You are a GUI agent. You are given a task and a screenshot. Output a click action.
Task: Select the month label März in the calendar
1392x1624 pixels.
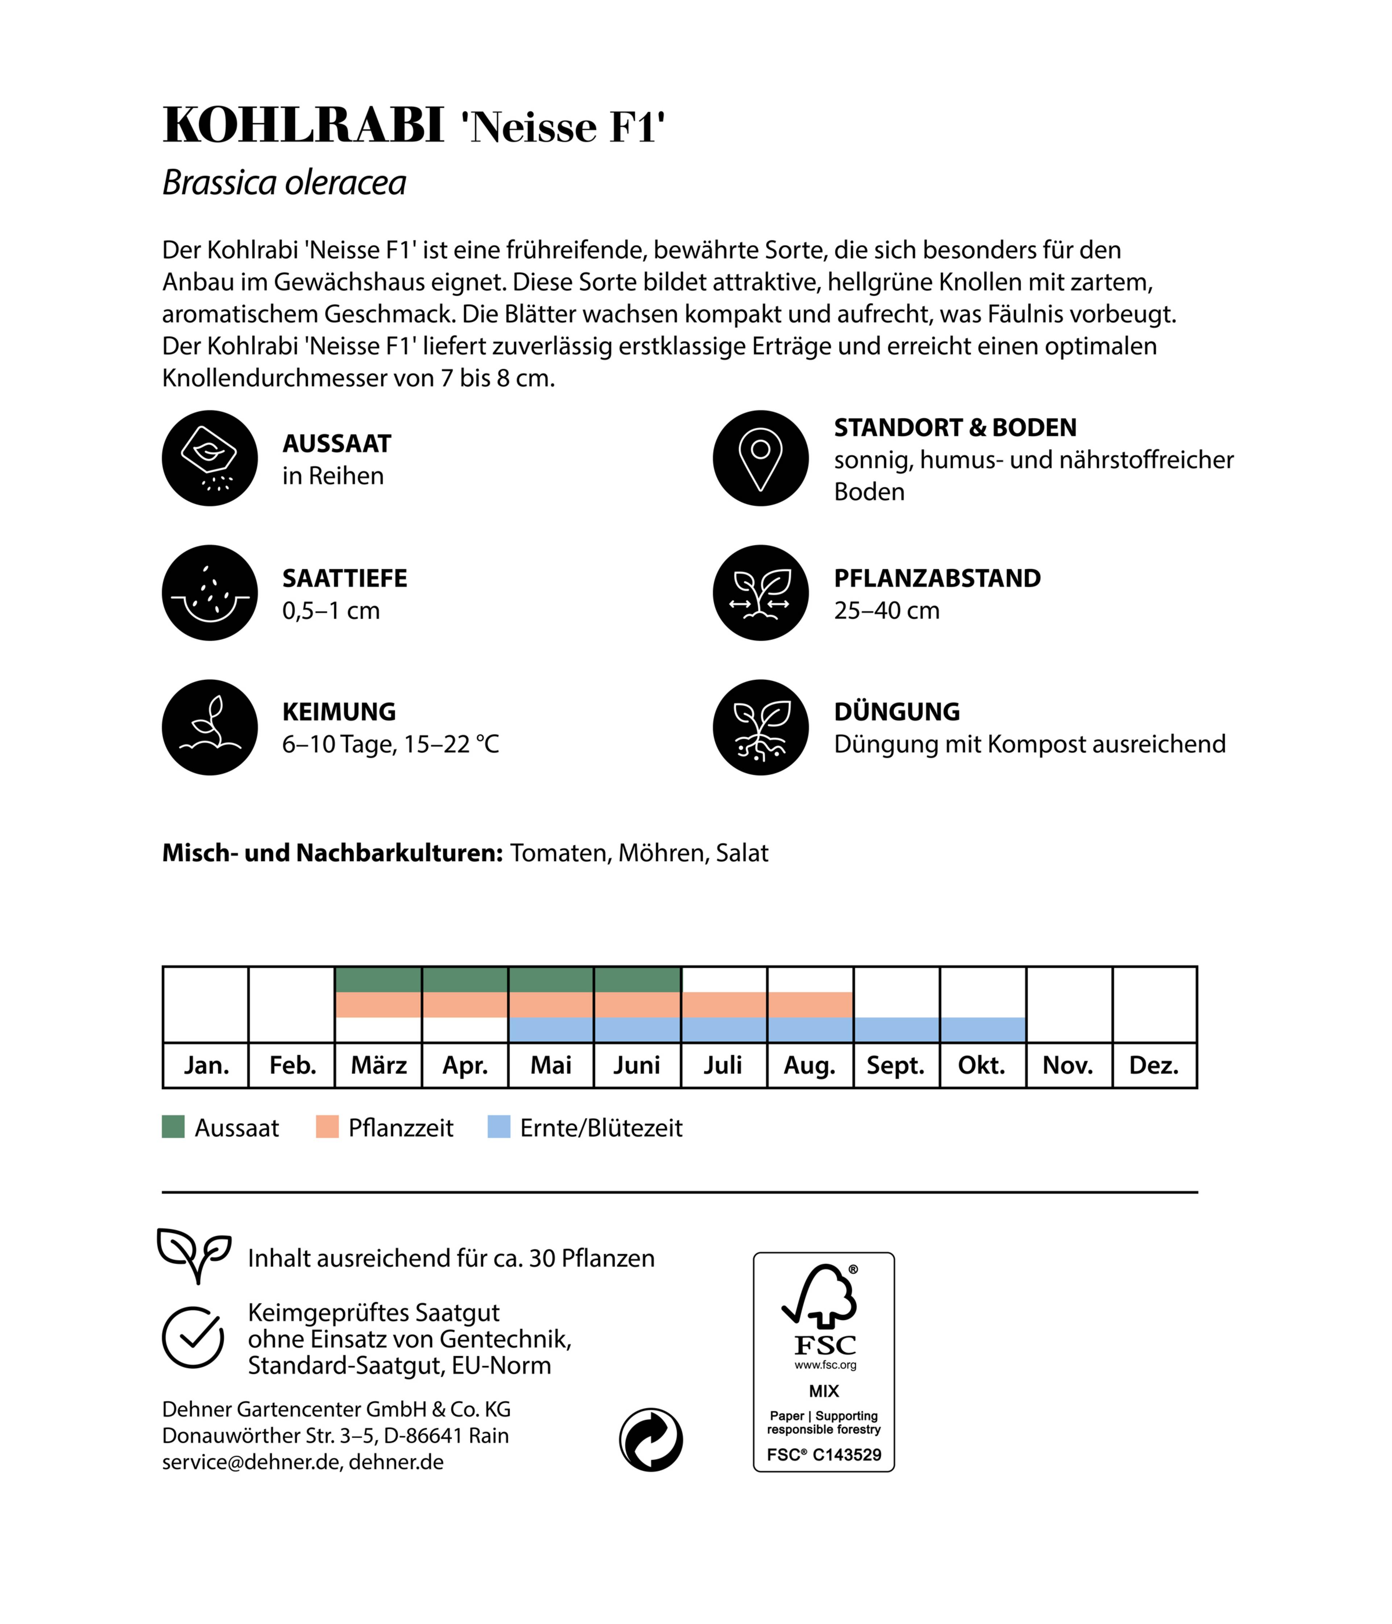coord(378,1065)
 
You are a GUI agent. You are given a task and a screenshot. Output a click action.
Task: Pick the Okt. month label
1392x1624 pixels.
coord(981,1065)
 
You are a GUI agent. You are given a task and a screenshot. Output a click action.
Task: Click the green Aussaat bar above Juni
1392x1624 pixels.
coord(637,980)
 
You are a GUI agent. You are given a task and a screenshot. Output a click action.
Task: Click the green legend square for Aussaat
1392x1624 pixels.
coord(173,1127)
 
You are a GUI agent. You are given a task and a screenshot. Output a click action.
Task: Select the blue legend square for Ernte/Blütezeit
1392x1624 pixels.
coord(498,1127)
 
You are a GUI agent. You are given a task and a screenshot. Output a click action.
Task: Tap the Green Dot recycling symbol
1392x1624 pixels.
coord(651,1440)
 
